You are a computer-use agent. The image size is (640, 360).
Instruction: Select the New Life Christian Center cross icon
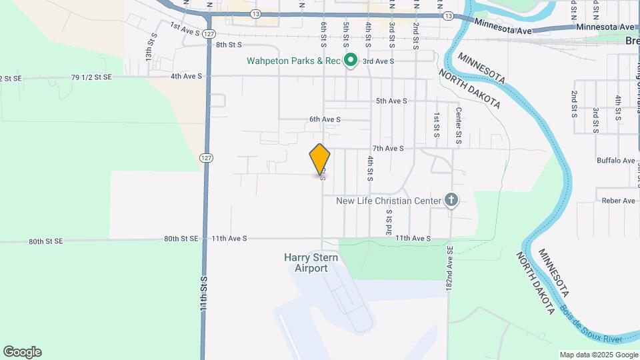(451, 200)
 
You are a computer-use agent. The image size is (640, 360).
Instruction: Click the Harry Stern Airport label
(311, 263)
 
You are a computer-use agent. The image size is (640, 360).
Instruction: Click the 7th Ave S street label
(388, 149)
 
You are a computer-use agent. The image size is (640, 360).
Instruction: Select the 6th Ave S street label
(325, 119)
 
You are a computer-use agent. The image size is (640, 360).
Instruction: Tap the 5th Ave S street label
(391, 101)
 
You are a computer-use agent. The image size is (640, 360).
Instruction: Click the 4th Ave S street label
(186, 77)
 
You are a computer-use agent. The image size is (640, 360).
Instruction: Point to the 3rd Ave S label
(378, 61)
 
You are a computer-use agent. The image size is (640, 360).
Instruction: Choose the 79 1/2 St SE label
(91, 77)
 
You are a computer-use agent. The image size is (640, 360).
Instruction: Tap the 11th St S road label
(205, 293)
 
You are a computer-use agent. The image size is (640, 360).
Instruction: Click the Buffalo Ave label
(616, 161)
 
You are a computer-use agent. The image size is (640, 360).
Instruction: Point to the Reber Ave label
(619, 201)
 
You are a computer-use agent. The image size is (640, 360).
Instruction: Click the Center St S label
(459, 126)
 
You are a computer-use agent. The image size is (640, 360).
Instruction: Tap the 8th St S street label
(228, 45)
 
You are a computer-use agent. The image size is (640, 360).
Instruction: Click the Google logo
(22, 352)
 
